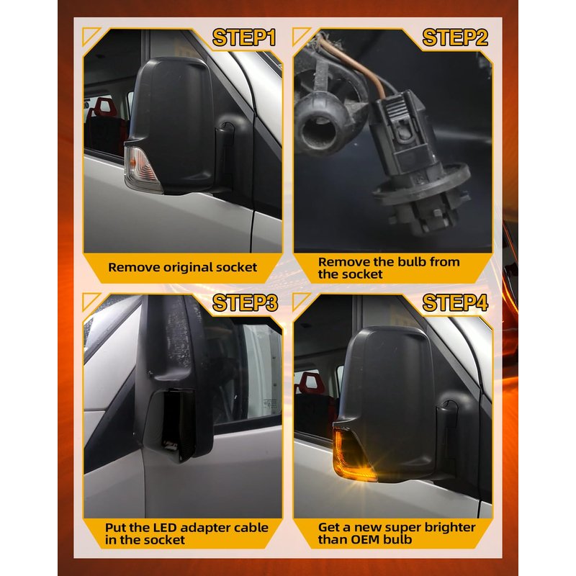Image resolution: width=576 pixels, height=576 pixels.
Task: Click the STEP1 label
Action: pyautogui.click(x=244, y=38)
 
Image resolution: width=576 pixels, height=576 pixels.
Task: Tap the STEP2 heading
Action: pyautogui.click(x=455, y=38)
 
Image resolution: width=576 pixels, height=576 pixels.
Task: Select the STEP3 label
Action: pyautogui.click(x=245, y=302)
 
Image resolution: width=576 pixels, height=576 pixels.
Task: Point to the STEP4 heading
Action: pyautogui.click(x=455, y=302)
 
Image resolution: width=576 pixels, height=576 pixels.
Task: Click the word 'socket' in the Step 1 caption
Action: pyautogui.click(x=237, y=267)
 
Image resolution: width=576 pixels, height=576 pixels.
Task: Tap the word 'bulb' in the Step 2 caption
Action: pyautogui.click(x=412, y=262)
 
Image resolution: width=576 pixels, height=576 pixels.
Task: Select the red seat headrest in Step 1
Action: pyautogui.click(x=105, y=107)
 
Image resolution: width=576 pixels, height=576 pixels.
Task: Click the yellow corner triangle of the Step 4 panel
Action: pyautogui.click(x=300, y=300)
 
